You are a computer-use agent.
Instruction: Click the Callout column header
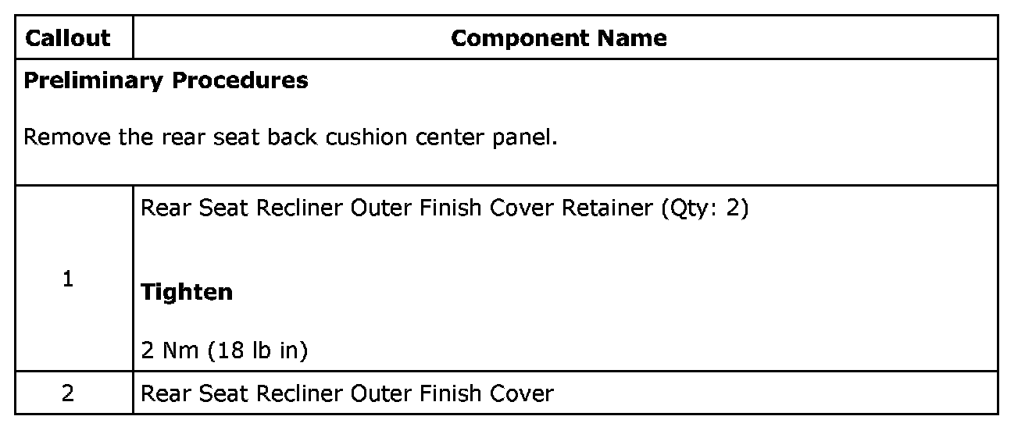[x=68, y=38]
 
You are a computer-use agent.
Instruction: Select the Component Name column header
[x=559, y=38]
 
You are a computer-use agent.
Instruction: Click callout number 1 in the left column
[x=68, y=279]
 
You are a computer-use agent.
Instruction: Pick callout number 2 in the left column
[x=68, y=393]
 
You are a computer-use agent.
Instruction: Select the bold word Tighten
[x=187, y=292]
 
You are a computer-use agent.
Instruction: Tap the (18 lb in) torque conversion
[x=258, y=351]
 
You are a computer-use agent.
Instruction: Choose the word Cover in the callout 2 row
[x=521, y=393]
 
